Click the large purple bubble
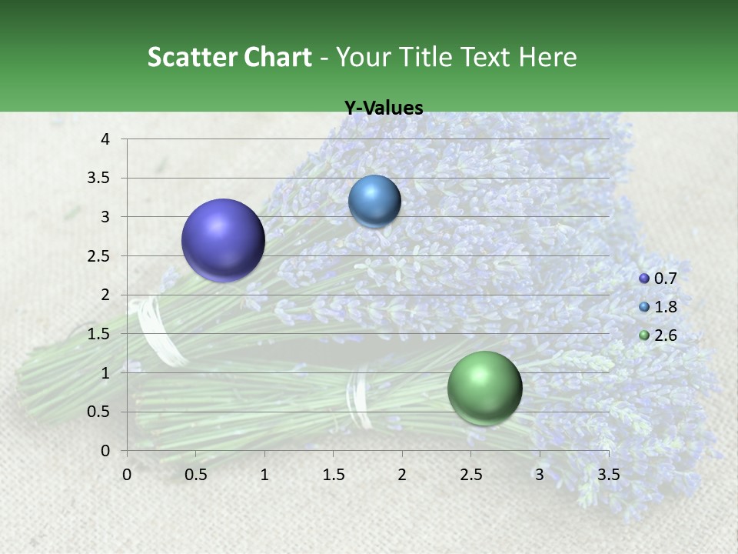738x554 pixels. (x=224, y=240)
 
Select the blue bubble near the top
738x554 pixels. (x=374, y=201)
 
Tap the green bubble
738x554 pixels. (x=484, y=388)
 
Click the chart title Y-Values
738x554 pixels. (x=384, y=108)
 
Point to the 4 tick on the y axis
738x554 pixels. (x=106, y=139)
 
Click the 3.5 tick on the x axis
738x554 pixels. (x=608, y=474)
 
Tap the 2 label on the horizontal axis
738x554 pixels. (x=402, y=474)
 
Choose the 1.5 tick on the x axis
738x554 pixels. (x=333, y=474)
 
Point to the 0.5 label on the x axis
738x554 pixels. (x=195, y=474)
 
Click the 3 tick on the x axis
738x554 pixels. (x=540, y=474)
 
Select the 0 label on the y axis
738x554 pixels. (x=106, y=451)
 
